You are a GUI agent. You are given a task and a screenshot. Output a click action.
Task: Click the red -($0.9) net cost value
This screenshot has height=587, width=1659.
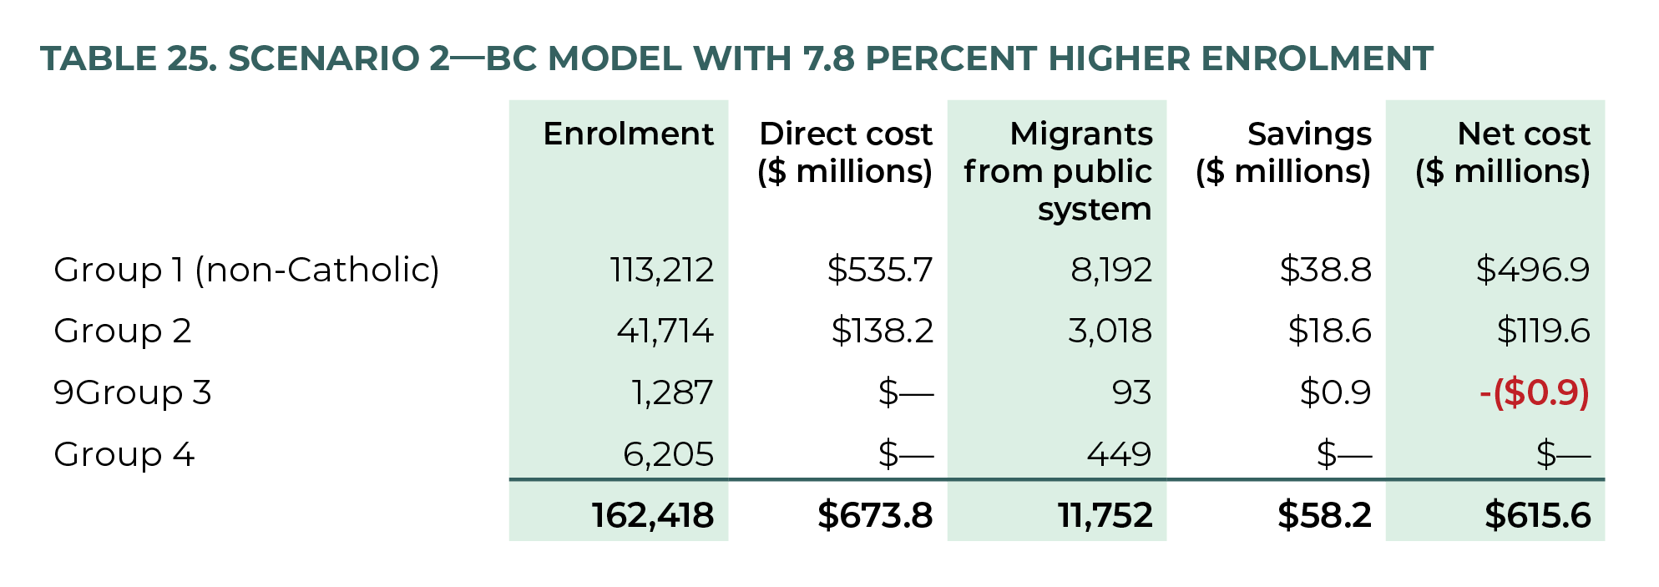[x=1534, y=392]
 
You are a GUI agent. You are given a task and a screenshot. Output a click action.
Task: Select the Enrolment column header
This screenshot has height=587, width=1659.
[x=628, y=134]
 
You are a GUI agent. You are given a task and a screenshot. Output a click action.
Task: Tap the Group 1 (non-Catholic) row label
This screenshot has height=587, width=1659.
[x=246, y=270]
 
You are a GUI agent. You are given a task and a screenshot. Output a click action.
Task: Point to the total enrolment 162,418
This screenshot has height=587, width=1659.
[x=652, y=515]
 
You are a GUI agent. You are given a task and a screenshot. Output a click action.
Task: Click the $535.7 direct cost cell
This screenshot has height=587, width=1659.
[x=879, y=270]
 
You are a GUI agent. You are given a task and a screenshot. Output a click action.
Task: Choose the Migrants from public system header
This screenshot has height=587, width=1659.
[x=1058, y=171]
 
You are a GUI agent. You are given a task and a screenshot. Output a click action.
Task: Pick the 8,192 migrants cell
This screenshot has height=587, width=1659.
[x=1110, y=270]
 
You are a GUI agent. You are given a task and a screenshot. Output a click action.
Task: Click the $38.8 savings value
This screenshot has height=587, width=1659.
[x=1325, y=270]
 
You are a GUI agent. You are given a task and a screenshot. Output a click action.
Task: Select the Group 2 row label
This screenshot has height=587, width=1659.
[x=123, y=331]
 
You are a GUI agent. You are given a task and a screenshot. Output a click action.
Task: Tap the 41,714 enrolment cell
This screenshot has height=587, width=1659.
[x=665, y=331]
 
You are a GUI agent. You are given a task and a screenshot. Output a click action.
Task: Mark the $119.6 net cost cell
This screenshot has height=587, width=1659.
[x=1543, y=331]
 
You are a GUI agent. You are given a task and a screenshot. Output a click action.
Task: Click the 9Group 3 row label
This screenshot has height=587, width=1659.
[x=132, y=392]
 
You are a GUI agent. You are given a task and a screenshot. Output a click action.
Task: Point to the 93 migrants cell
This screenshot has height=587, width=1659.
[x=1131, y=392]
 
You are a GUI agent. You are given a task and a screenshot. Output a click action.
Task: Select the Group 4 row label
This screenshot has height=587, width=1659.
[x=124, y=454]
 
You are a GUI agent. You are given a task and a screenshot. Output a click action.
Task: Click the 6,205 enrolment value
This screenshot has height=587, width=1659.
[x=668, y=454]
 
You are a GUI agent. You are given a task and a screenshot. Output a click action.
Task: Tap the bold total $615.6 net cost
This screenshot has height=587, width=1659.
[x=1537, y=515]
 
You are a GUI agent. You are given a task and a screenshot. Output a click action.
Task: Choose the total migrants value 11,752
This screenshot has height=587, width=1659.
[x=1105, y=515]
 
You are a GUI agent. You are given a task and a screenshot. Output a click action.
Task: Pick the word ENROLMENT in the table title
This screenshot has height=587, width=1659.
[x=1317, y=58]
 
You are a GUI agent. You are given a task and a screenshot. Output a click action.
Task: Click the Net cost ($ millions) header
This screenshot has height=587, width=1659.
[x=1502, y=153]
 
